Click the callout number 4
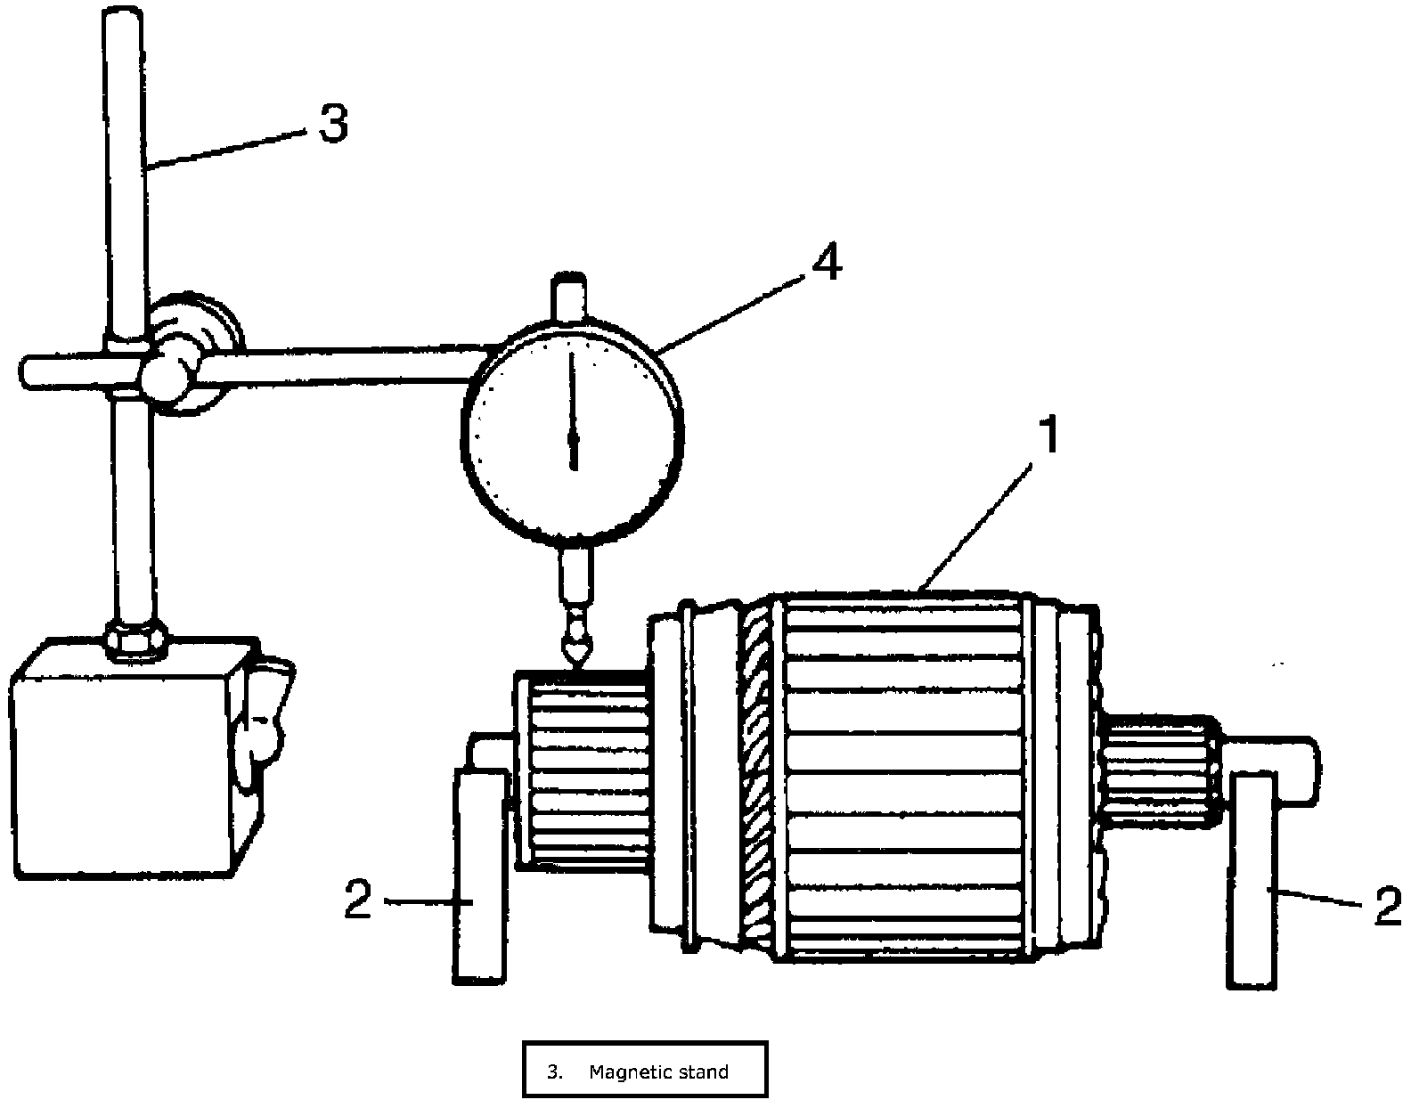828,263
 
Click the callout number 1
1052,436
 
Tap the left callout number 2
358,901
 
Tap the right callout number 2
1388,907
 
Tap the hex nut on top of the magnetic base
135,639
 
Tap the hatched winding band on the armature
760,775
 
